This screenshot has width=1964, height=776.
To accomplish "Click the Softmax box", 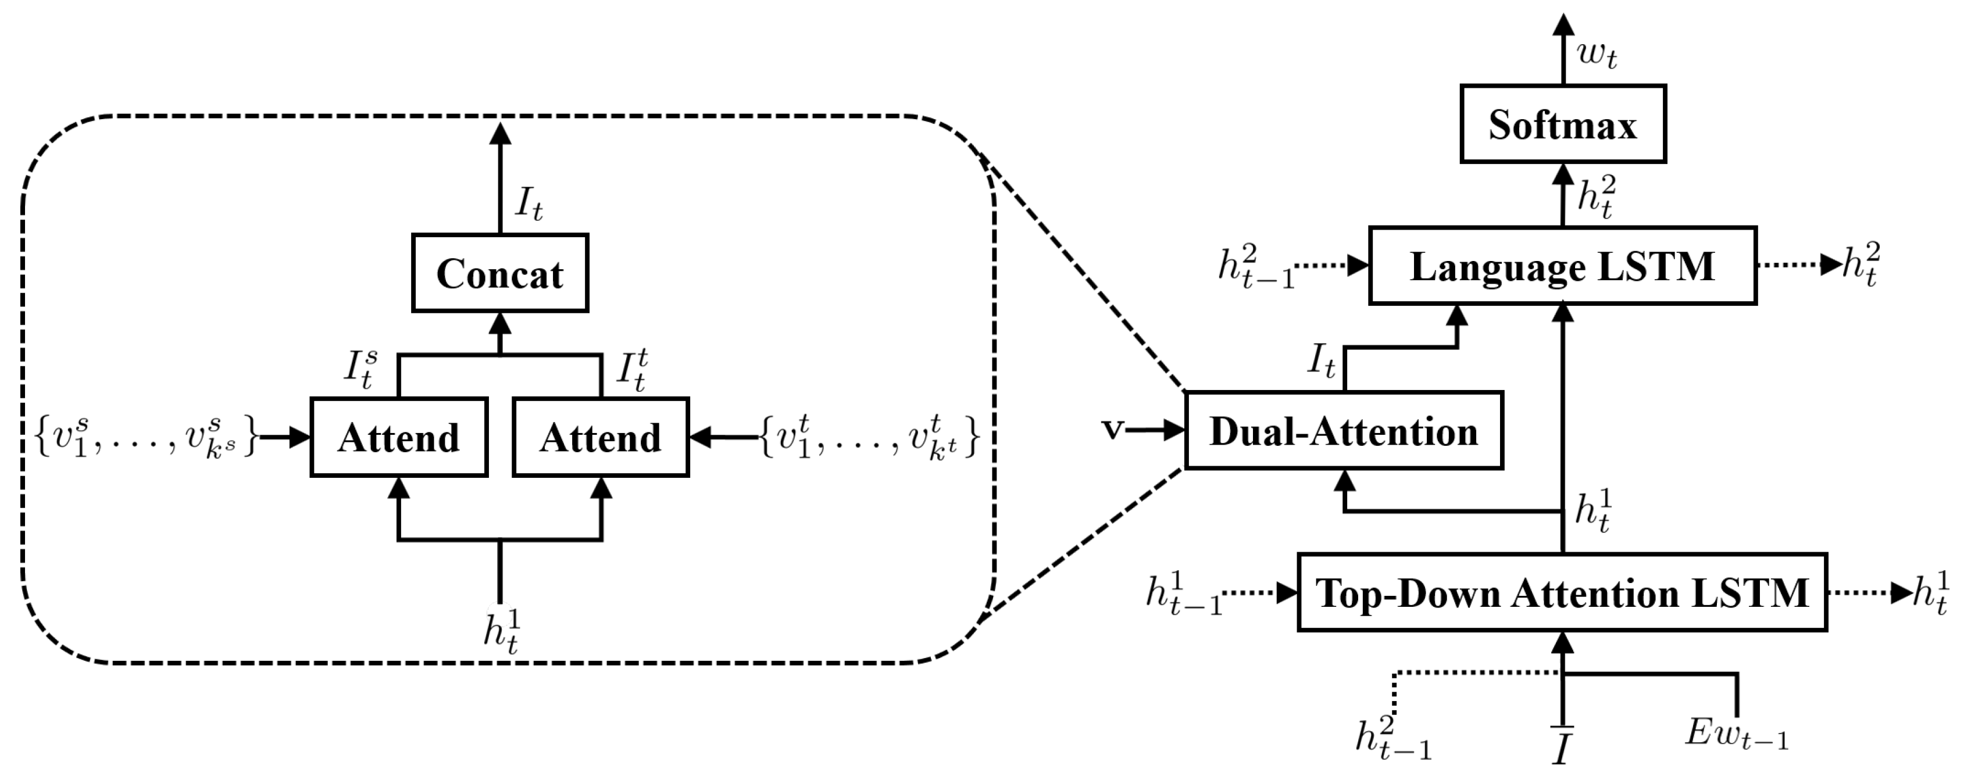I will (x=1562, y=124).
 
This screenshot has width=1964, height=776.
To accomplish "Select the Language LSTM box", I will (x=1562, y=266).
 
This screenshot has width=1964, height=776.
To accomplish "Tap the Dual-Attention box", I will (x=1344, y=431).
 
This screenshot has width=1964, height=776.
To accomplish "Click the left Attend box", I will (x=399, y=438).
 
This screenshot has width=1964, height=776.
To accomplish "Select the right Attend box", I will (x=601, y=438).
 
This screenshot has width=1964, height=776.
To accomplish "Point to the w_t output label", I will (x=1597, y=55).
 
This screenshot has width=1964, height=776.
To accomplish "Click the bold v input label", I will (x=1112, y=430).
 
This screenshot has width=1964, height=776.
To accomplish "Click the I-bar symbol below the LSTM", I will (x=1562, y=746).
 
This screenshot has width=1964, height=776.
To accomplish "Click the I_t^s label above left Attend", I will (x=360, y=370).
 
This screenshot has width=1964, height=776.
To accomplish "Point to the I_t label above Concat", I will (x=529, y=203).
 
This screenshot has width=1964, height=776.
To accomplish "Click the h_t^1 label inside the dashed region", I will (x=502, y=632).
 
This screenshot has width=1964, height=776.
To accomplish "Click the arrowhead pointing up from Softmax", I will (x=1563, y=26).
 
